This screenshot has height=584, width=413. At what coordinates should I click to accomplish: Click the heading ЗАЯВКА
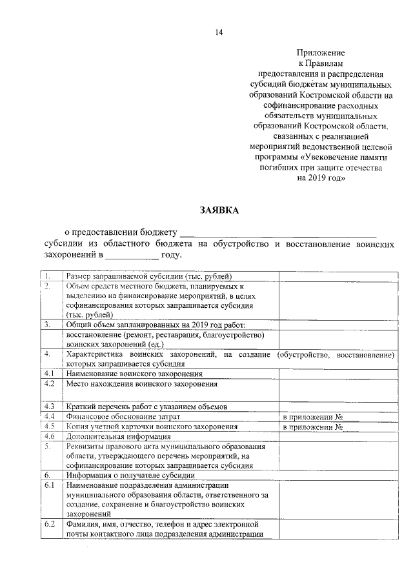tap(219, 210)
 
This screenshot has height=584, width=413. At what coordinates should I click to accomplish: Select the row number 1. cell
tap(49, 276)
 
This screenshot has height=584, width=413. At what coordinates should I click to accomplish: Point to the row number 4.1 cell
tap(49, 374)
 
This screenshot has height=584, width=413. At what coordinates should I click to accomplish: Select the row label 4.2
tap(49, 383)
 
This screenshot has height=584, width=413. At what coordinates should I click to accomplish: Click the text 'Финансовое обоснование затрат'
tap(123, 417)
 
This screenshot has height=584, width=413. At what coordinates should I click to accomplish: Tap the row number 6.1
tap(49, 485)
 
